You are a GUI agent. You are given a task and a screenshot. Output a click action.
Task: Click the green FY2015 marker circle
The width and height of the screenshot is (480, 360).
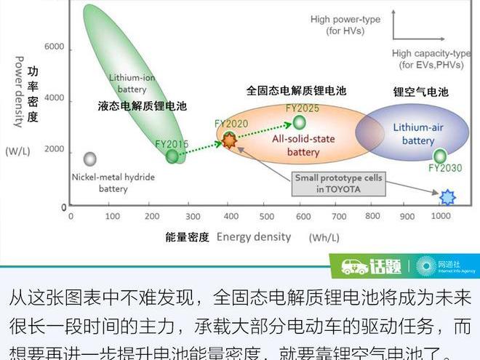(172, 156)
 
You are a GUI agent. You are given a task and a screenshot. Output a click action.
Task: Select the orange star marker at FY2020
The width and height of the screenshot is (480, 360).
(230, 141)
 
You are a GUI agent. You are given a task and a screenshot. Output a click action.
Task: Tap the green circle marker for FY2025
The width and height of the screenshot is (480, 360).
(299, 122)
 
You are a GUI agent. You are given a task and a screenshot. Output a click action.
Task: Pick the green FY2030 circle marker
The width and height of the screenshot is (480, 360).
(440, 156)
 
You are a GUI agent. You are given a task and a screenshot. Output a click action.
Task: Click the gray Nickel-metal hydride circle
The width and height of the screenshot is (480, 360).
(90, 159)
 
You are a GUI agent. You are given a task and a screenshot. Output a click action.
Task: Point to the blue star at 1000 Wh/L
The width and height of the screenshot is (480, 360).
(448, 196)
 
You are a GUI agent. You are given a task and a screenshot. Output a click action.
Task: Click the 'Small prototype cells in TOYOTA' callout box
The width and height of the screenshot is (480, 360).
(338, 183)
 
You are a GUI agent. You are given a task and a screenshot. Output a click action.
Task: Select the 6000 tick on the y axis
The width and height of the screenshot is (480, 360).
(55, 47)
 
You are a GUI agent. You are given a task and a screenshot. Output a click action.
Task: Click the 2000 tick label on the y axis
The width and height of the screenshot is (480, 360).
(55, 149)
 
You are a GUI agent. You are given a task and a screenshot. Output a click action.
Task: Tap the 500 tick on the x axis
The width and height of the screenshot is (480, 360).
(268, 216)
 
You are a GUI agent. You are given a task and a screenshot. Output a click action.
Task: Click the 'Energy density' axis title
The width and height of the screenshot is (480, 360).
(253, 236)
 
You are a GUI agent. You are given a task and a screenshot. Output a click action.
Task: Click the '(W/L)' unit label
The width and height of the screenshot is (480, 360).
(17, 151)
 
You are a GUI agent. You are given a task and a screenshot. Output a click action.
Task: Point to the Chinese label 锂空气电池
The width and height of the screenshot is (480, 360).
(420, 92)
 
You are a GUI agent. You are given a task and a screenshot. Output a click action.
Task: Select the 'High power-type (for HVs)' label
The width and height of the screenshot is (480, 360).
(345, 25)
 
